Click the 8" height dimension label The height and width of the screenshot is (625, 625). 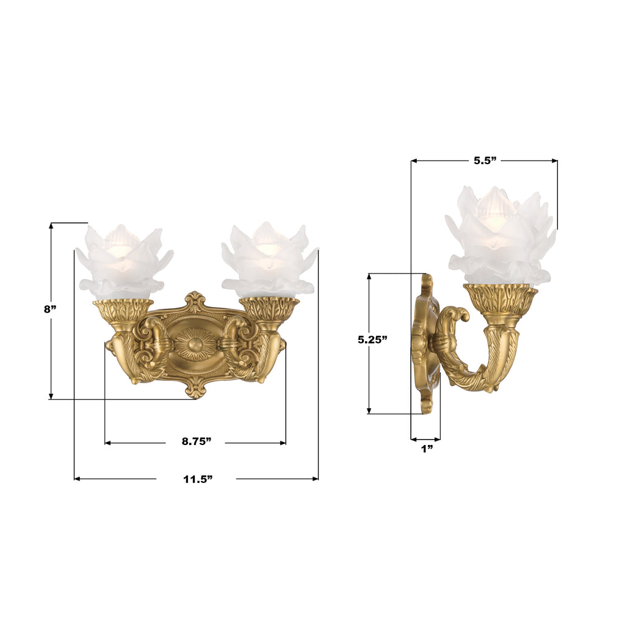pyautogui.click(x=50, y=309)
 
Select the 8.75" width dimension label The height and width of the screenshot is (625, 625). pyautogui.click(x=196, y=442)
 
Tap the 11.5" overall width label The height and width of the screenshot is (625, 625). pyautogui.click(x=197, y=479)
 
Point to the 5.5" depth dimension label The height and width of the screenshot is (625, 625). pyautogui.click(x=485, y=161)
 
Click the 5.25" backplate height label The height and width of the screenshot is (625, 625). pyautogui.click(x=372, y=340)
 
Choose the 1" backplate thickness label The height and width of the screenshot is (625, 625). pyautogui.click(x=427, y=449)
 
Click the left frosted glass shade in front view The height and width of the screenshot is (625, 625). pyautogui.click(x=123, y=261)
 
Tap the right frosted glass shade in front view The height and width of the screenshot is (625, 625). pyautogui.click(x=269, y=261)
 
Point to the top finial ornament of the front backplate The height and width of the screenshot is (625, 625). pyautogui.click(x=195, y=302)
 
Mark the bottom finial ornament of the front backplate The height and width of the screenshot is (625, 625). pyautogui.click(x=195, y=389)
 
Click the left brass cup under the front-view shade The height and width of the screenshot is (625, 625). pyautogui.click(x=123, y=309)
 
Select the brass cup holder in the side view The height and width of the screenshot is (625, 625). pyautogui.click(x=500, y=300)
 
